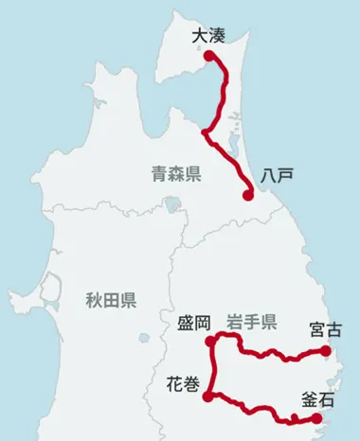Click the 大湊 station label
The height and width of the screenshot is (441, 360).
tap(207, 36)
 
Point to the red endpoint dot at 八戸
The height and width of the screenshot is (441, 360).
tap(247, 196)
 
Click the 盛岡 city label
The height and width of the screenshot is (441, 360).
tap(192, 323)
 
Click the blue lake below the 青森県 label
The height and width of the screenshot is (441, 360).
tap(171, 203)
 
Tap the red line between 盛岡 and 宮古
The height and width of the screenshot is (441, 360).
tap(270, 353)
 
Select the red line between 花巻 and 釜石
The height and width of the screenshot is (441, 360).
tap(256, 410)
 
